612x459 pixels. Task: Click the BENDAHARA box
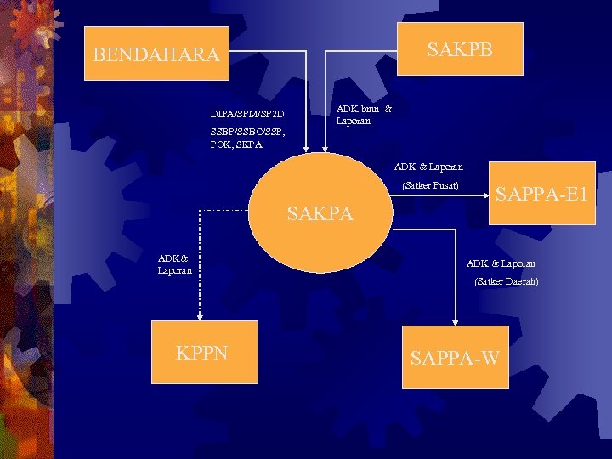click(x=157, y=55)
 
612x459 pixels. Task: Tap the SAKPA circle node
click(x=320, y=212)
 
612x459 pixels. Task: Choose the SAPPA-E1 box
click(x=541, y=195)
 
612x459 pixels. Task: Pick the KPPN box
click(x=203, y=352)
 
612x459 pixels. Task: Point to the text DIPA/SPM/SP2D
click(x=247, y=114)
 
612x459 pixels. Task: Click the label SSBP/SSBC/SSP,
click(x=247, y=132)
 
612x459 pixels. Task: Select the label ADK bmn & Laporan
click(x=364, y=115)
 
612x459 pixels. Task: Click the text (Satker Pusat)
click(x=430, y=185)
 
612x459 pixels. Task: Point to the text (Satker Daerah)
click(x=507, y=281)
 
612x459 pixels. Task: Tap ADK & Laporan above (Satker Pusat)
click(x=428, y=167)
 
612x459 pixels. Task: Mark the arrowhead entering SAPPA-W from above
click(x=456, y=321)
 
